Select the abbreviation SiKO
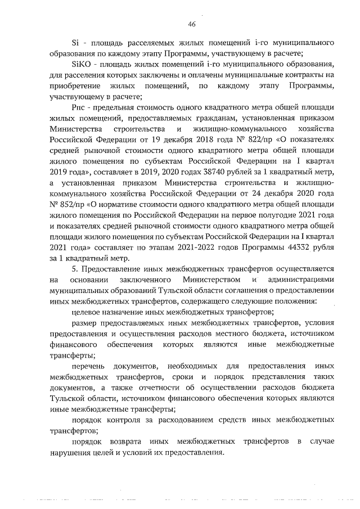pyautogui.click(x=81, y=65)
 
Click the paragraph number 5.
pyautogui.click(x=75, y=269)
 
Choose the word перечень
pyautogui.click(x=89, y=366)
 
